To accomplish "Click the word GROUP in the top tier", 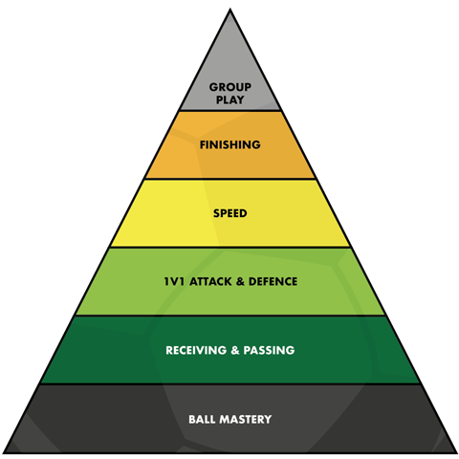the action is pyautogui.click(x=230, y=87).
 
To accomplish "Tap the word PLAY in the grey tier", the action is pyautogui.click(x=230, y=99).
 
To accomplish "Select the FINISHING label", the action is pyautogui.click(x=230, y=144).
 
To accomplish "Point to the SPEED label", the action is pyautogui.click(x=230, y=213).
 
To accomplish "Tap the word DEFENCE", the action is pyautogui.click(x=273, y=281).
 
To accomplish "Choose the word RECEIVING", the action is pyautogui.click(x=196, y=350).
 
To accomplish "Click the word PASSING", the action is pyautogui.click(x=269, y=350).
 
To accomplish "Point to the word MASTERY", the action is pyautogui.click(x=246, y=419).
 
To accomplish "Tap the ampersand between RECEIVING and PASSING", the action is pyautogui.click(x=235, y=350).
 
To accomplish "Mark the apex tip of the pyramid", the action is pyautogui.click(x=230, y=10).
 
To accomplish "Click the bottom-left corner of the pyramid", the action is pyautogui.click(x=3, y=453).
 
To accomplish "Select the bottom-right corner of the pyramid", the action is pyautogui.click(x=457, y=453).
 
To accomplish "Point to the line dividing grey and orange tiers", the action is pyautogui.click(x=230, y=111).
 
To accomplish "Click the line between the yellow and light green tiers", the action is pyautogui.click(x=230, y=247).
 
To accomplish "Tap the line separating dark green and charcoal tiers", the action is pyautogui.click(x=230, y=384).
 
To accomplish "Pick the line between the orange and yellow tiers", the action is pyautogui.click(x=230, y=179).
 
